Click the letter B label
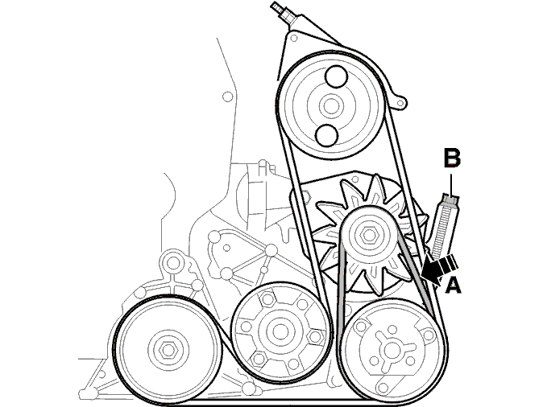click(452, 158)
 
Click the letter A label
click(453, 286)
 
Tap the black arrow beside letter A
click(440, 269)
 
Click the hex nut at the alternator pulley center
click(367, 236)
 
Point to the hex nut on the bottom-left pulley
click(168, 350)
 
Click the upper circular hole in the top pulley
click(336, 76)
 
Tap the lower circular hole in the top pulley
click(326, 135)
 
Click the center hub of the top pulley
click(331, 106)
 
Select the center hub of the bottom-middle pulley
click(280, 332)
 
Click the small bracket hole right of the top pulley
click(400, 103)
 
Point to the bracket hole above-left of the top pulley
click(294, 38)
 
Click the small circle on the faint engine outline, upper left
click(227, 97)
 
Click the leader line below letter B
click(452, 184)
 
